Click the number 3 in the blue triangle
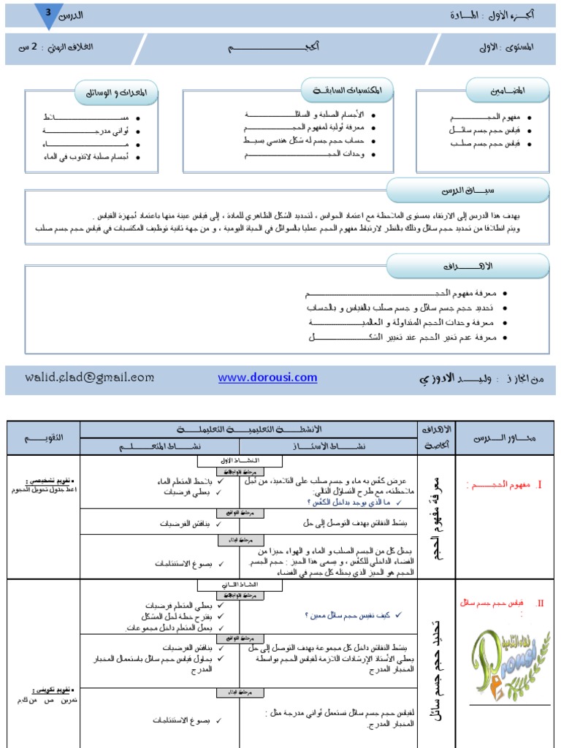tap(48, 12)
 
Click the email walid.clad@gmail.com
tap(89, 377)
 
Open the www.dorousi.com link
tap(267, 377)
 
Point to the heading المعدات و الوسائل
tap(116, 92)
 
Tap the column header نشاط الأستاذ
tap(328, 445)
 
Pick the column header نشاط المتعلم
tap(159, 445)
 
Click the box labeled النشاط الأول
tap(239, 461)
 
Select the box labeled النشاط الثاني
tap(239, 585)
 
